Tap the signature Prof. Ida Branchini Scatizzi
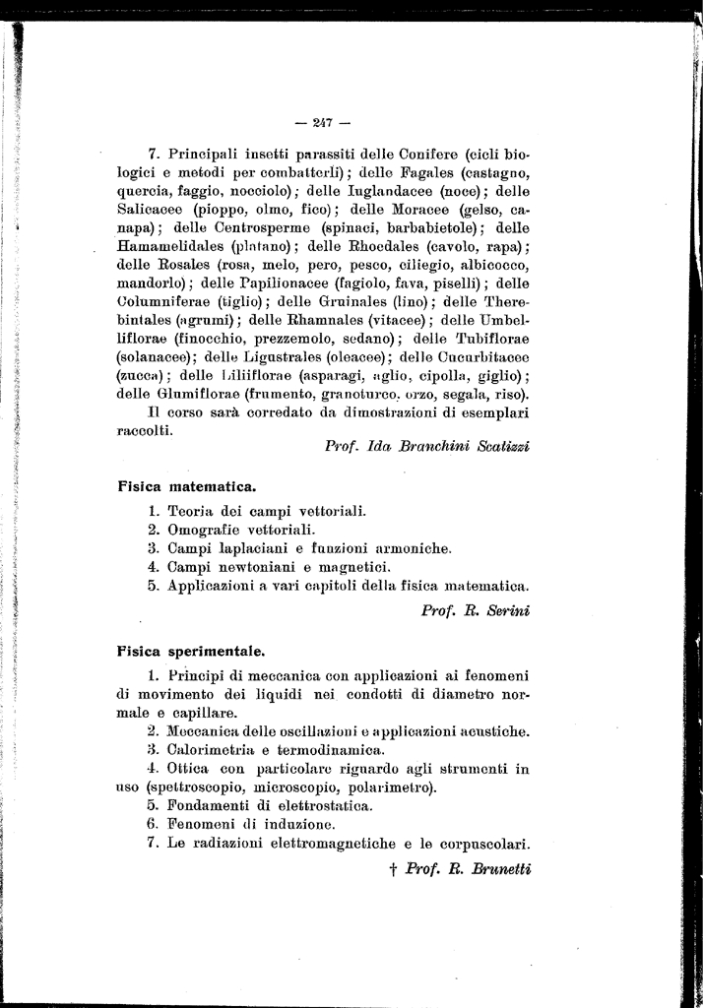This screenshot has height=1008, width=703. point(427,446)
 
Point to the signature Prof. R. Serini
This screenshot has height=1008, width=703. point(476,610)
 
